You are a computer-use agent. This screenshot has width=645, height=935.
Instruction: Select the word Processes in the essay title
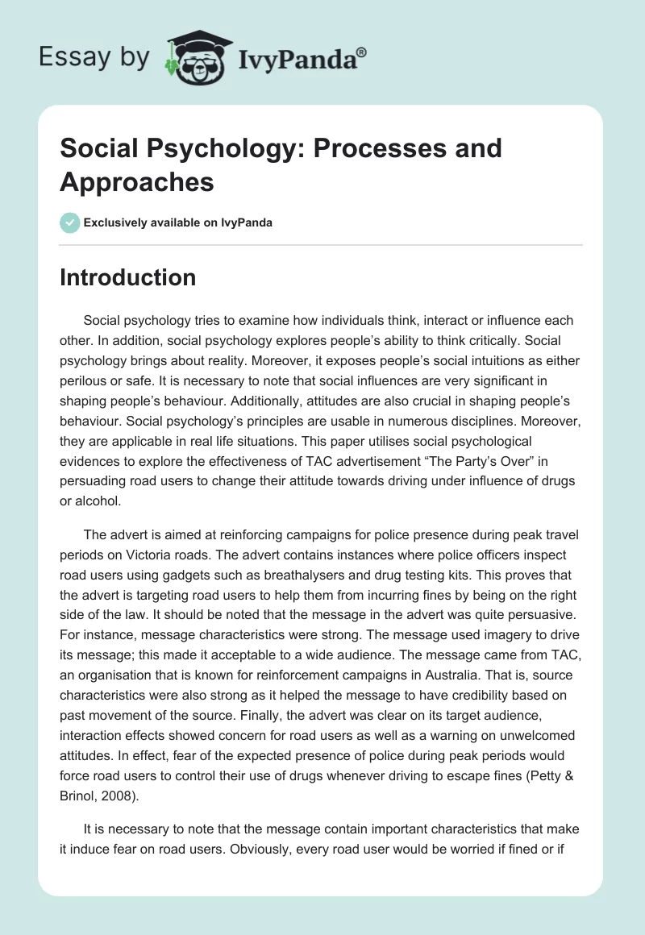point(377,148)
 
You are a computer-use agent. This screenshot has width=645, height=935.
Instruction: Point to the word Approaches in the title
point(137,181)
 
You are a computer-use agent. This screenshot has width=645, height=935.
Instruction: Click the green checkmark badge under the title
point(70,223)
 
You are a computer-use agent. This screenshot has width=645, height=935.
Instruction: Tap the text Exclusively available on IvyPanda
point(178,223)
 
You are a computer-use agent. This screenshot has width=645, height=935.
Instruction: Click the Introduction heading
point(127,278)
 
